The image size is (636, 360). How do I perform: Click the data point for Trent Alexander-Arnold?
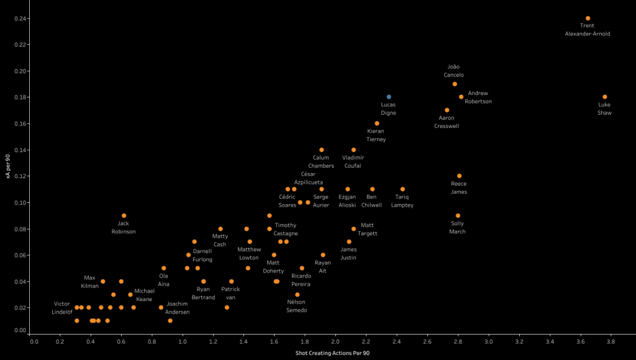[x=588, y=19]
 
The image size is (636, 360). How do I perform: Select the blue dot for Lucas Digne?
[x=389, y=97]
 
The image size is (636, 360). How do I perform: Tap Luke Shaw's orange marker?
[x=604, y=97]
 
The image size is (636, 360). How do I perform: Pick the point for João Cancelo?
[x=455, y=84]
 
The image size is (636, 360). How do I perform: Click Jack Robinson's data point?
[x=124, y=216]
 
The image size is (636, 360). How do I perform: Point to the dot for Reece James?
[x=459, y=176]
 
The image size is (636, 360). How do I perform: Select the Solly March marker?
[x=458, y=216]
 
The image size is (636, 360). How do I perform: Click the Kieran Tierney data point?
[x=376, y=124]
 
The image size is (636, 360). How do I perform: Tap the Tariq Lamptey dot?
[x=402, y=189]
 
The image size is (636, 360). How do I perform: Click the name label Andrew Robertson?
[x=478, y=97]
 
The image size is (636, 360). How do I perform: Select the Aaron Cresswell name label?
[x=447, y=122]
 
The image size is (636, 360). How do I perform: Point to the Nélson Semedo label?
[x=297, y=306]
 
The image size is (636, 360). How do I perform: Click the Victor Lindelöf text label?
[x=63, y=308]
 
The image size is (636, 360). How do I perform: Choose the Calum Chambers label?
[x=321, y=161]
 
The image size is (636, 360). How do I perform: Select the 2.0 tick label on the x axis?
[x=335, y=341]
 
